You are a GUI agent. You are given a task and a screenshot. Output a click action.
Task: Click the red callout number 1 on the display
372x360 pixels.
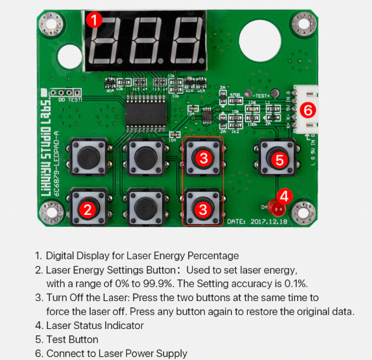pyautogui.click(x=94, y=20)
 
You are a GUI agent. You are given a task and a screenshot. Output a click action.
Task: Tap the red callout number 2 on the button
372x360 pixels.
pyautogui.click(x=88, y=208)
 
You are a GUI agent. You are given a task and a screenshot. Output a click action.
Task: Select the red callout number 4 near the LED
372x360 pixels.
pyautogui.click(x=284, y=196)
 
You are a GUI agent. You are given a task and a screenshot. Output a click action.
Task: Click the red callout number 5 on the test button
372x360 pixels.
pyautogui.click(x=280, y=160)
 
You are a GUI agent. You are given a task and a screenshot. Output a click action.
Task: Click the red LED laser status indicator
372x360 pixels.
pyautogui.click(x=275, y=207)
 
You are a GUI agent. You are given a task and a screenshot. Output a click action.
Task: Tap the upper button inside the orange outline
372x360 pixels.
pyautogui.click(x=203, y=158)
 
